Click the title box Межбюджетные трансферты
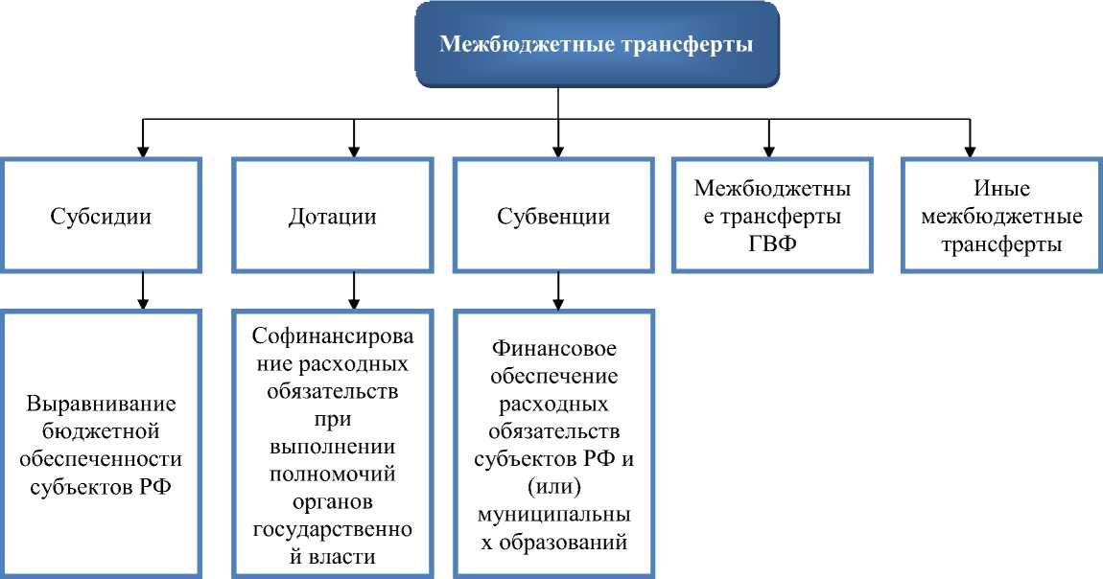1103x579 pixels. click(596, 45)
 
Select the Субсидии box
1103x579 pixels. click(101, 216)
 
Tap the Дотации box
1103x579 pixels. click(332, 216)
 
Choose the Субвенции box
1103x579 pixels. click(553, 216)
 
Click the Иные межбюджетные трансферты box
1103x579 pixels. click(1001, 216)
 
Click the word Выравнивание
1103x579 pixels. click(102, 403)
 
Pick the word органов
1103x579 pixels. click(332, 501)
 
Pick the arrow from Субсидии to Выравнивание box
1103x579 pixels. click(142, 290)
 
